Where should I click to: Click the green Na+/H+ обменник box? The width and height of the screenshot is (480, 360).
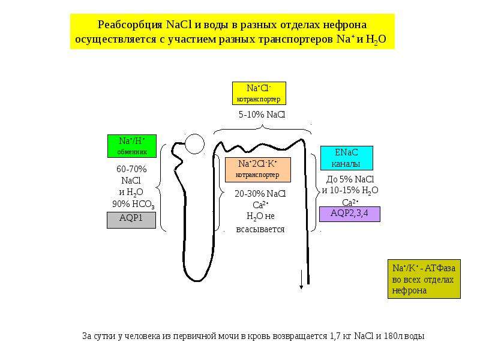tap(132, 146)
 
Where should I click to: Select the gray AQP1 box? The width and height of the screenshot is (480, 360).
tap(131, 220)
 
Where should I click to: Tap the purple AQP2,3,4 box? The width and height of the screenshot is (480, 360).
tap(350, 214)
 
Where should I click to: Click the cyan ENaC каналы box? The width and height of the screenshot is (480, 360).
tap(347, 158)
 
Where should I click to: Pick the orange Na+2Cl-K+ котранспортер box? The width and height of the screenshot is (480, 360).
tap(258, 170)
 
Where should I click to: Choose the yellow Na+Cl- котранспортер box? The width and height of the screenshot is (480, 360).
tap(259, 93)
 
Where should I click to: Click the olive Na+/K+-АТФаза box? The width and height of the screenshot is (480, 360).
tap(424, 279)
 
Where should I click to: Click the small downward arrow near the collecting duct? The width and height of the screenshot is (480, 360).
tap(301, 280)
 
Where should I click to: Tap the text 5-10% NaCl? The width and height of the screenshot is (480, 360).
tap(262, 115)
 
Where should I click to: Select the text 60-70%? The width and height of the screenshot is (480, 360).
tap(131, 169)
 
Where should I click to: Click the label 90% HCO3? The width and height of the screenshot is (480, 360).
tap(133, 204)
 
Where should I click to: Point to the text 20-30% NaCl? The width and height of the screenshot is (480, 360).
tap(260, 194)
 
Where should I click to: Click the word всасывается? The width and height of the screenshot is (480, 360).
tap(260, 229)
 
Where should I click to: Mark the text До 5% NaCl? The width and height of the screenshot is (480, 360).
tap(350, 179)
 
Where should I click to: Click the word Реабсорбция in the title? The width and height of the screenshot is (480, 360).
tap(130, 25)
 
